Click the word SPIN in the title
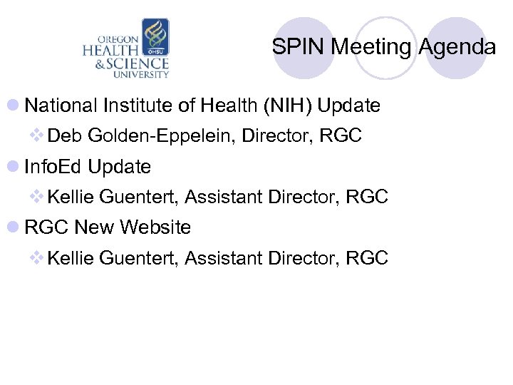tap(291, 48)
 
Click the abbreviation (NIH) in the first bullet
tap(288, 106)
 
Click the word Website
tap(155, 227)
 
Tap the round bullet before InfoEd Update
tap(14, 168)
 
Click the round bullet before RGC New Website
tap(14, 228)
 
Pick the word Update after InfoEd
tap(120, 167)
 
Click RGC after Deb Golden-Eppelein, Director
tap(341, 136)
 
